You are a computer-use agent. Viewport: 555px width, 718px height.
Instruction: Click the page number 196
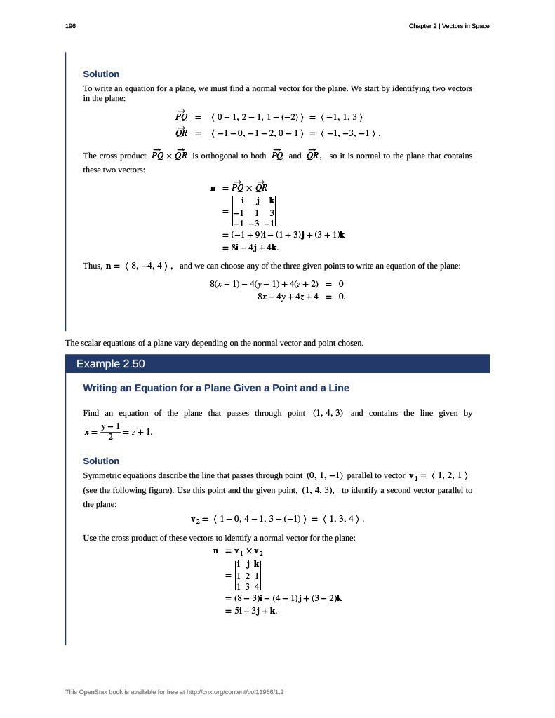click(x=70, y=26)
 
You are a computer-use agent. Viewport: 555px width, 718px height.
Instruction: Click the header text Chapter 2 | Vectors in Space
click(x=449, y=26)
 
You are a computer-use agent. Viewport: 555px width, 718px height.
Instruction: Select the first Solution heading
click(x=101, y=74)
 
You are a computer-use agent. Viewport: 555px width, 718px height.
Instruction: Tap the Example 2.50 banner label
click(x=110, y=364)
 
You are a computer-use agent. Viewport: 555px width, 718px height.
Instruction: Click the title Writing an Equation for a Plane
click(x=215, y=388)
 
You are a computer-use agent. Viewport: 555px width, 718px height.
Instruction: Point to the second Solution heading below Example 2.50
click(x=101, y=461)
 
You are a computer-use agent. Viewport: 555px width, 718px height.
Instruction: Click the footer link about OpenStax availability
click(x=175, y=692)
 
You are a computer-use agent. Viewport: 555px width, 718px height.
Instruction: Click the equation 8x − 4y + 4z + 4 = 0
click(x=301, y=297)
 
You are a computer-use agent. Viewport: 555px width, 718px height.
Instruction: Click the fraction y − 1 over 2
click(x=110, y=431)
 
